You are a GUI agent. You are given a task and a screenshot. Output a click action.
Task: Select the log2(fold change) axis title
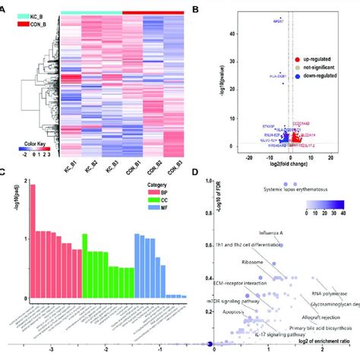pyautogui.click(x=288, y=164)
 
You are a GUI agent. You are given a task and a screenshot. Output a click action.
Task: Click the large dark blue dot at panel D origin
pyautogui.click(x=210, y=346)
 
